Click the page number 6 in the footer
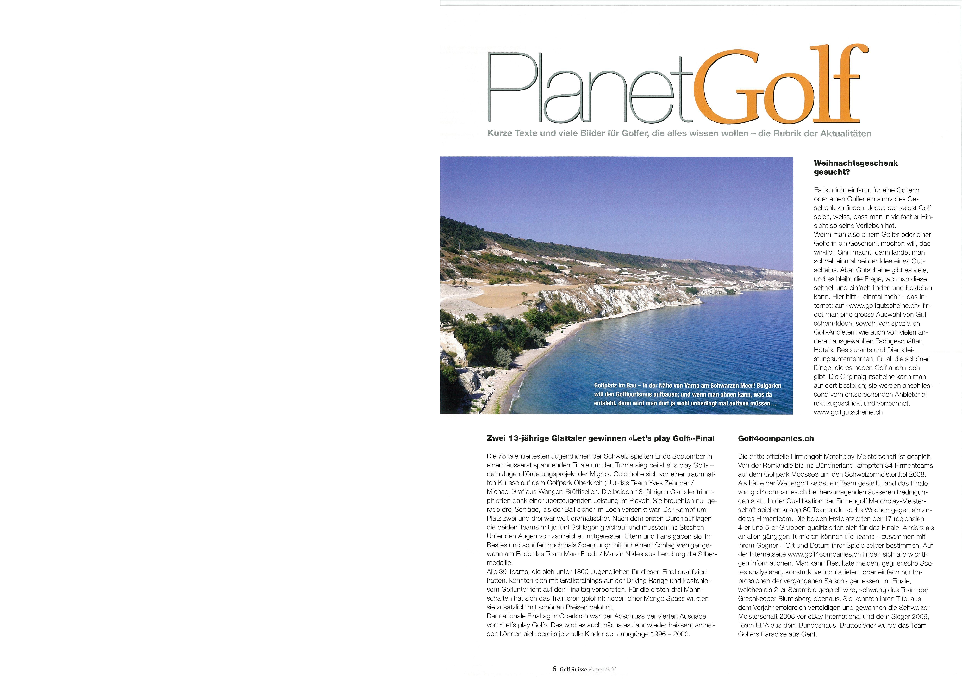[x=554, y=669]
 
